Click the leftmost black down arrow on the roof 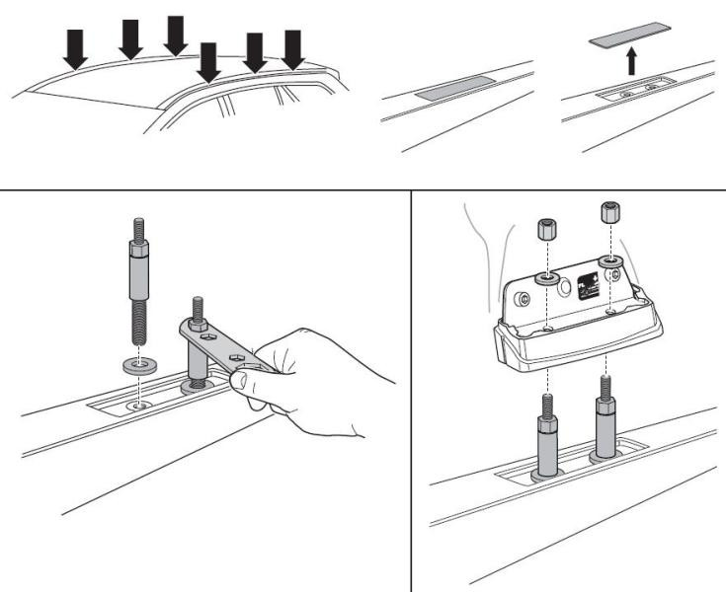click(76, 48)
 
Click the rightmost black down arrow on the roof click(293, 48)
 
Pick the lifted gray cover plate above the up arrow click(631, 37)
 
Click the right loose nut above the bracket click(609, 214)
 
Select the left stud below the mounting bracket click(545, 434)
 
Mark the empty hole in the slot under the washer click(139, 404)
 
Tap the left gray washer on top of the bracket click(544, 280)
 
